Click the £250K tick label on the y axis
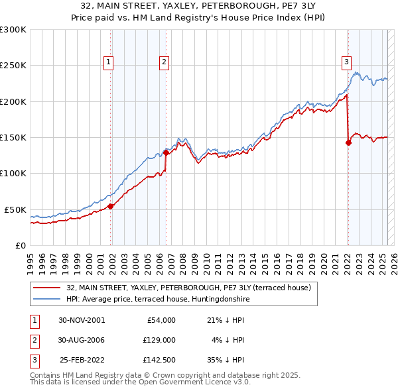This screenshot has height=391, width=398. coord(13,66)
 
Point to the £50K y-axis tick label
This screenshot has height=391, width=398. coord(15,209)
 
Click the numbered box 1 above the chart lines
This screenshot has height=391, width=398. coord(108,63)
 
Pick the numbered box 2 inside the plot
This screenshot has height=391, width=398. coord(164,63)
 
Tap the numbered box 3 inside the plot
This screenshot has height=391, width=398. coord(346,63)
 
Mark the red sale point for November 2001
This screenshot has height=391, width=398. coord(111,206)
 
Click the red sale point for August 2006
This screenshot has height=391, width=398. coord(166,152)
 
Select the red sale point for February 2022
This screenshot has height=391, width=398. coord(348,142)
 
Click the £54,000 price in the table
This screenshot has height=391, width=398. coord(161,320)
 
